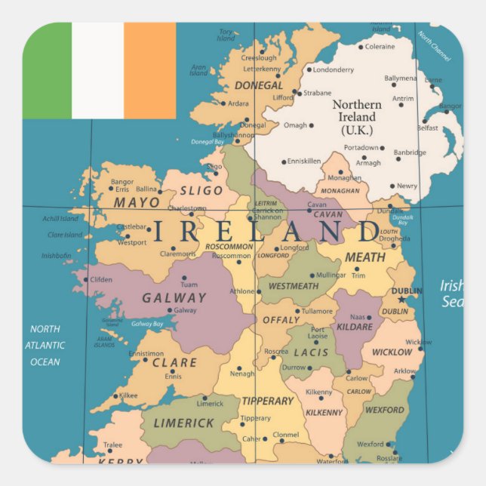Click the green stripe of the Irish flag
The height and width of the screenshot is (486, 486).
point(47,70)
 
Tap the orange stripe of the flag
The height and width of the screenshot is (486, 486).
point(149,70)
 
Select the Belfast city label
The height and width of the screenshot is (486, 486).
point(427,128)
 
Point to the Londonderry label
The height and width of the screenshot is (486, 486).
point(333,70)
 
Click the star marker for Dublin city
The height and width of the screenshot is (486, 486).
point(401,299)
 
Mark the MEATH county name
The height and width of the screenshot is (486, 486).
point(364,257)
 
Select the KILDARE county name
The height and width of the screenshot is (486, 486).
point(355,327)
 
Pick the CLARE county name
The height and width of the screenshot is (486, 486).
point(174,362)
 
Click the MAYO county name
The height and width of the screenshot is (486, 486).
point(137,202)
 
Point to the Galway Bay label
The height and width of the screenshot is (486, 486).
point(147,324)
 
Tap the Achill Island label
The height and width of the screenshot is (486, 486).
point(60,219)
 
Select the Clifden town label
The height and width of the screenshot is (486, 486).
point(101,279)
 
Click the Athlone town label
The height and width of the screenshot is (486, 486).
point(242,291)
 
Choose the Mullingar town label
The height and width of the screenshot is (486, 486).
point(331,275)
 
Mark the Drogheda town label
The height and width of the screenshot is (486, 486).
point(395,238)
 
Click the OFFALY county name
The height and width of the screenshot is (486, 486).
point(281,320)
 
